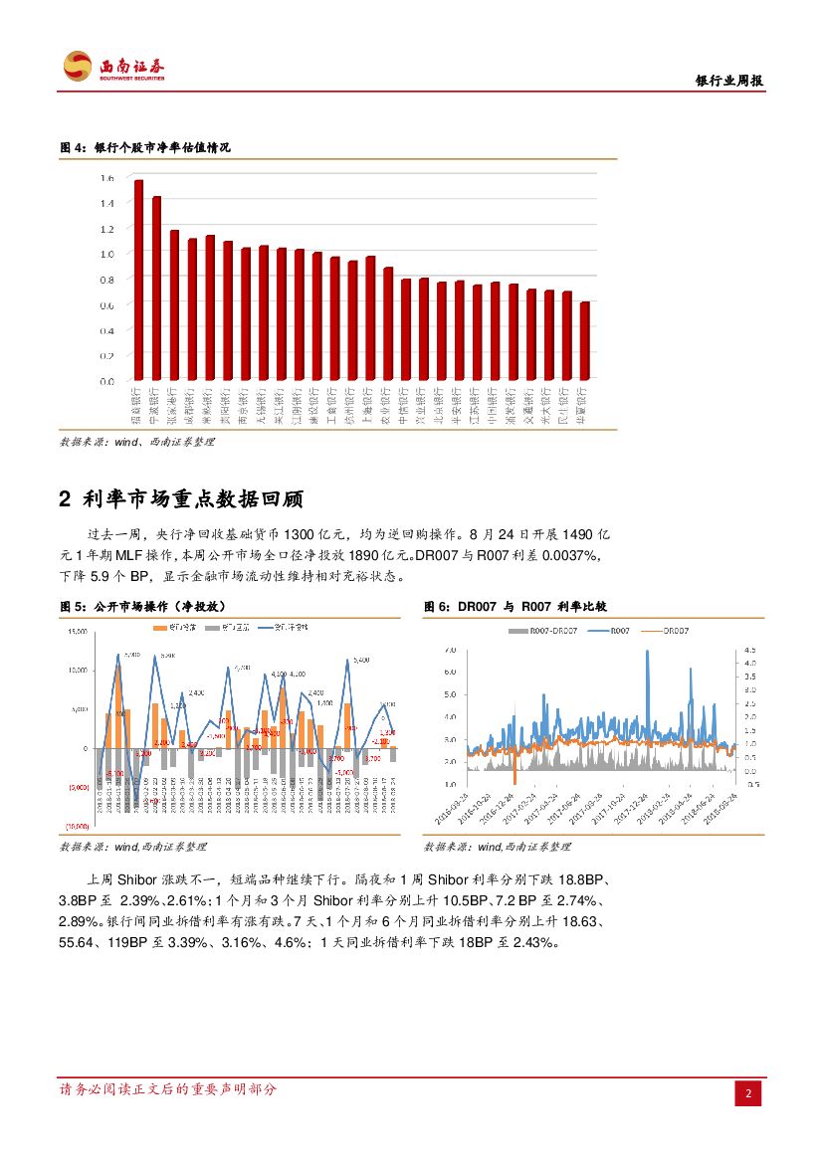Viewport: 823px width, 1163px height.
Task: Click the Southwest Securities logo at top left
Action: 113,67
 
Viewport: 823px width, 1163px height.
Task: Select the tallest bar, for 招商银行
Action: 139,280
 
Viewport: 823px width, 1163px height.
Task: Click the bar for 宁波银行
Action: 156,288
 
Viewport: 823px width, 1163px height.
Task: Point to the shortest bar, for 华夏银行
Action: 584,340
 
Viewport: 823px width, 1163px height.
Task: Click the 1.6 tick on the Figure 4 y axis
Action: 107,178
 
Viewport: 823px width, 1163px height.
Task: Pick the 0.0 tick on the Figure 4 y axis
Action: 107,381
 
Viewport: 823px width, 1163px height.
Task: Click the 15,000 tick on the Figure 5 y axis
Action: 77,632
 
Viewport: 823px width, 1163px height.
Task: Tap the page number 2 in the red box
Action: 748,1094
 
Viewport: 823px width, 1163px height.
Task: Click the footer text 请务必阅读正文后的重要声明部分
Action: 168,1089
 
